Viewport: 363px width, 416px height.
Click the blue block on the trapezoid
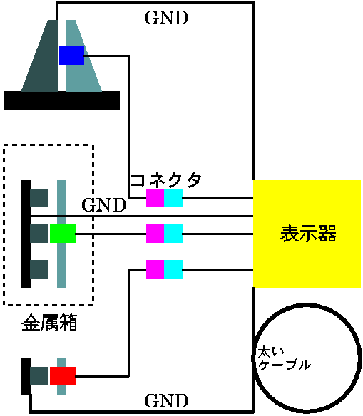(x=71, y=56)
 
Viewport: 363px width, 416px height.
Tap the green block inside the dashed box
(x=63, y=234)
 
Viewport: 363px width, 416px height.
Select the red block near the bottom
(x=63, y=376)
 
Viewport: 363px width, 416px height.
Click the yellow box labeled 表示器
(x=307, y=234)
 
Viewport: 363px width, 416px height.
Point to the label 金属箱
(x=49, y=323)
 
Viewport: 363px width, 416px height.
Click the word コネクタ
(x=166, y=180)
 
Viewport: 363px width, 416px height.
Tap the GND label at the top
(x=166, y=18)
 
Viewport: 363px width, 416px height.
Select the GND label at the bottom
(x=166, y=400)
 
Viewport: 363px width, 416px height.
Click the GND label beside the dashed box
(x=104, y=205)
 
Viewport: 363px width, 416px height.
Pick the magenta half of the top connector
(x=155, y=198)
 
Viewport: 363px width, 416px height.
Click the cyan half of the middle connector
(x=173, y=234)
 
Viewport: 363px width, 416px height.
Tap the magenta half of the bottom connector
(x=155, y=269)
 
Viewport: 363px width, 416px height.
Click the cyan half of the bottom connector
(x=173, y=269)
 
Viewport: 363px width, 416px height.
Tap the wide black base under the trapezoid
(x=61, y=100)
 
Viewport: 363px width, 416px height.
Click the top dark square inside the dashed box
(x=39, y=198)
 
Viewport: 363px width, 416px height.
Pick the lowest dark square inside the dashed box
(x=39, y=269)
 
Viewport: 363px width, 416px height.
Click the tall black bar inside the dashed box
(x=26, y=234)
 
